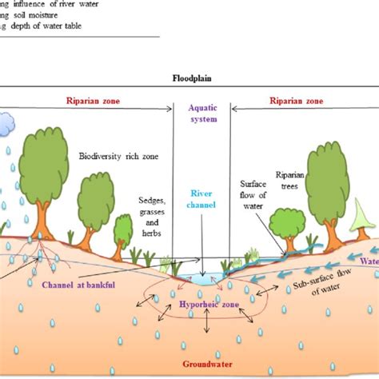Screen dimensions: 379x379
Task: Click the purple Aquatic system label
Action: (x=201, y=114)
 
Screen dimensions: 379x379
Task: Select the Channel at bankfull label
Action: (x=71, y=281)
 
